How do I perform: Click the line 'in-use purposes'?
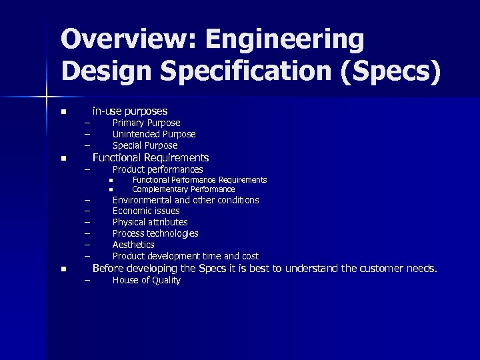pyautogui.click(x=129, y=111)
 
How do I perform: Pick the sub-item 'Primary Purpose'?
pyautogui.click(x=146, y=123)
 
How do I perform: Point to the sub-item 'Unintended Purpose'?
pyautogui.click(x=154, y=134)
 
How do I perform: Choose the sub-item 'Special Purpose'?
pyautogui.click(x=145, y=145)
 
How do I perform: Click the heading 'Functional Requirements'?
pyautogui.click(x=150, y=158)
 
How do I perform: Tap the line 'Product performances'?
pyautogui.click(x=157, y=170)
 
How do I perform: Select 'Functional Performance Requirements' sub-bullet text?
pyautogui.click(x=199, y=180)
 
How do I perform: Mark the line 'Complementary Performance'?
pyautogui.click(x=183, y=189)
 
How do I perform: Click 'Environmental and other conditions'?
pyautogui.click(x=185, y=200)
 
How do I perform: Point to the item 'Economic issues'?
pyautogui.click(x=146, y=211)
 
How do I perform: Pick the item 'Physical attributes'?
pyautogui.click(x=150, y=222)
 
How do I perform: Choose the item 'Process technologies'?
pyautogui.click(x=155, y=233)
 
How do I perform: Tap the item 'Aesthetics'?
pyautogui.click(x=133, y=245)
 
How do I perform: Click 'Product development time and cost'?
pyautogui.click(x=185, y=256)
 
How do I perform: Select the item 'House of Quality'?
pyautogui.click(x=146, y=281)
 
